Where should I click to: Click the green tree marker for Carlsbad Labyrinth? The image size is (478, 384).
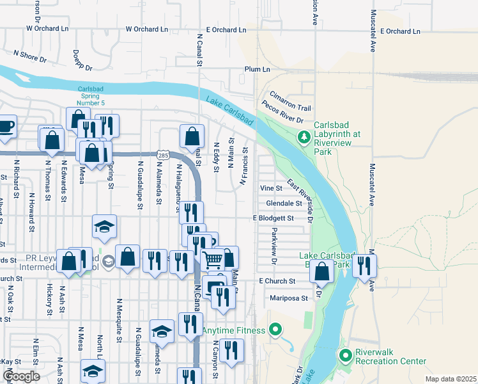[x=304, y=136]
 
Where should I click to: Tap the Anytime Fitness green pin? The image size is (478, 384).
[x=275, y=331]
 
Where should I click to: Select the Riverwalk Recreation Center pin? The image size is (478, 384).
[x=346, y=355]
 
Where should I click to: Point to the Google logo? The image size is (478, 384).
[x=20, y=376]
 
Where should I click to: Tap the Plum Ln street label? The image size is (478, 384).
[x=257, y=69]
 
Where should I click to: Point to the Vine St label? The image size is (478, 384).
[x=271, y=189]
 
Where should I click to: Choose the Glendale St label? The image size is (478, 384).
[x=284, y=204]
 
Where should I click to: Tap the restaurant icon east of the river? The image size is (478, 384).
[x=364, y=265]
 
